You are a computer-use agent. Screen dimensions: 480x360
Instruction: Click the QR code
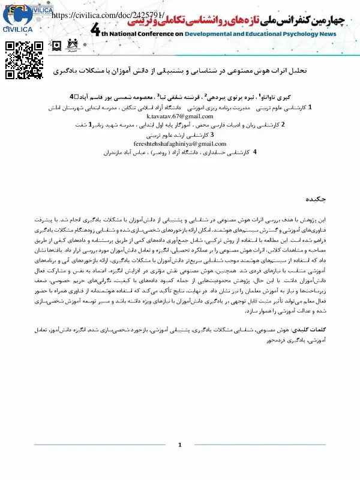point(25,61)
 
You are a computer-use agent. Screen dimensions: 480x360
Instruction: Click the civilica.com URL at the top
point(108,16)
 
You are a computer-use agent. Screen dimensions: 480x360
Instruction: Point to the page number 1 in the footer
point(180,445)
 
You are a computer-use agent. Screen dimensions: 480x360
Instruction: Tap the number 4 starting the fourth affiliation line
point(255,153)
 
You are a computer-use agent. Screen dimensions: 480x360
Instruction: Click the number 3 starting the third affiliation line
point(212,135)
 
